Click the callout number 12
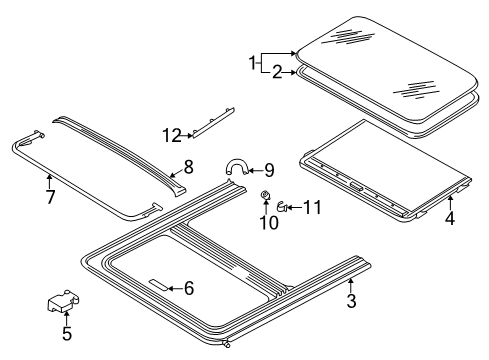click(x=172, y=135)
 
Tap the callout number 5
click(x=67, y=333)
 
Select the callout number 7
click(x=50, y=197)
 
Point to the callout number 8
click(x=189, y=167)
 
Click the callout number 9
click(x=269, y=170)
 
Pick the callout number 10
click(x=269, y=223)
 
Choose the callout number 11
click(x=312, y=207)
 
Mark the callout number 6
click(x=189, y=288)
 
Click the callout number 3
click(x=352, y=301)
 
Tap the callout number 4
click(x=450, y=218)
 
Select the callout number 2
click(x=277, y=72)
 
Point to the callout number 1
click(x=252, y=62)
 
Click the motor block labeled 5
click(x=63, y=301)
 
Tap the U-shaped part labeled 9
click(x=237, y=161)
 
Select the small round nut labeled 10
click(x=266, y=194)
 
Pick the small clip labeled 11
click(x=282, y=207)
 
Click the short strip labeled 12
click(x=214, y=122)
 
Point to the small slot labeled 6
click(x=159, y=284)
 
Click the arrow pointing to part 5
click(x=67, y=318)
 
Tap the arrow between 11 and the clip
click(x=294, y=207)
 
